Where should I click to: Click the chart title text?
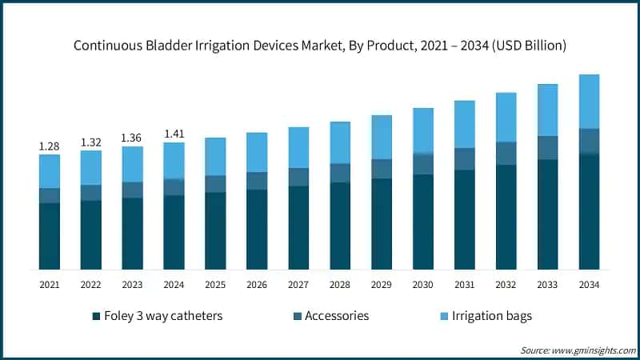tap(320, 46)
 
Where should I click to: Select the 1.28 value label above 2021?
tap(50, 146)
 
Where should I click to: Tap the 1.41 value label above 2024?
tap(174, 134)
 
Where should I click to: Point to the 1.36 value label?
tap(133, 138)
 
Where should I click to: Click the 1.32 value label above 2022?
tap(91, 142)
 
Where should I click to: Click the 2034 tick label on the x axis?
tap(590, 284)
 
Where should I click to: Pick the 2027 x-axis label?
tap(298, 284)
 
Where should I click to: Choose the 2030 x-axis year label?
tap(423, 284)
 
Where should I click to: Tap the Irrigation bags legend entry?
tap(488, 315)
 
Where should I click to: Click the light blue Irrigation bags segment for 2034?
tap(590, 101)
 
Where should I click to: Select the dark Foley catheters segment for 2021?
tap(50, 236)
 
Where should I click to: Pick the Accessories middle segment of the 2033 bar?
tap(548, 147)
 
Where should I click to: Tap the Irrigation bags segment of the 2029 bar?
tap(382, 137)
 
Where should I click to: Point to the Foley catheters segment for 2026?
tap(257, 229)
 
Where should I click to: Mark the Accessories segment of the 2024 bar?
tap(174, 186)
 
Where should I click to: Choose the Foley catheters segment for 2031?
tap(465, 219)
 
